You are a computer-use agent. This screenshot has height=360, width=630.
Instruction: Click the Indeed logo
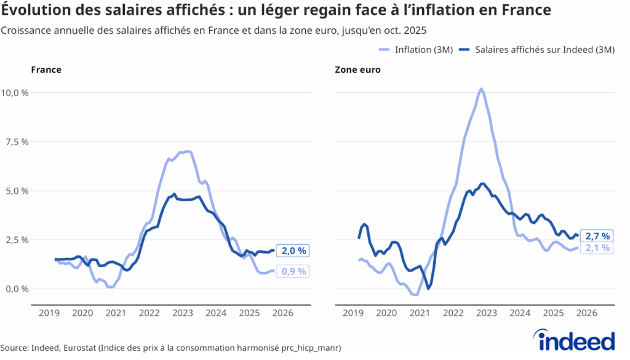pyautogui.click(x=576, y=340)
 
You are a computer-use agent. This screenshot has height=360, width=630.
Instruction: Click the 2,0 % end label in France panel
pyautogui.click(x=294, y=250)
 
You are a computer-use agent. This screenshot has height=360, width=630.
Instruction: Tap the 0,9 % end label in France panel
pyautogui.click(x=294, y=271)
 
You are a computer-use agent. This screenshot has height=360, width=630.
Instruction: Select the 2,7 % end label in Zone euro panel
pyautogui.click(x=597, y=236)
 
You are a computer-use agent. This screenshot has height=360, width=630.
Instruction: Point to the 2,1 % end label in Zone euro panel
pyautogui.click(x=597, y=248)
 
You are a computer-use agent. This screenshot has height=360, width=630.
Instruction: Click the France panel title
pyautogui.click(x=46, y=70)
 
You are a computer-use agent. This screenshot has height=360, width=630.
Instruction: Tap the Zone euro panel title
pyautogui.click(x=357, y=70)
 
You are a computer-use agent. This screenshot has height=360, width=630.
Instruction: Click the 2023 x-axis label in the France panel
pyautogui.click(x=183, y=313)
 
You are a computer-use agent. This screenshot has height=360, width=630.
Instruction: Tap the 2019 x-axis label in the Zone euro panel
pyautogui.click(x=353, y=313)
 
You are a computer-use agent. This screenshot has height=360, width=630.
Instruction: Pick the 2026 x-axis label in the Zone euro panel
pyautogui.click(x=586, y=313)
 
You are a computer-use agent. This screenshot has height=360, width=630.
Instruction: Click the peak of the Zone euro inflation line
pyautogui.click(x=481, y=89)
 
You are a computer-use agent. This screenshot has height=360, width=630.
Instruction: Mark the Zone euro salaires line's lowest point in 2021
pyautogui.click(x=428, y=288)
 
